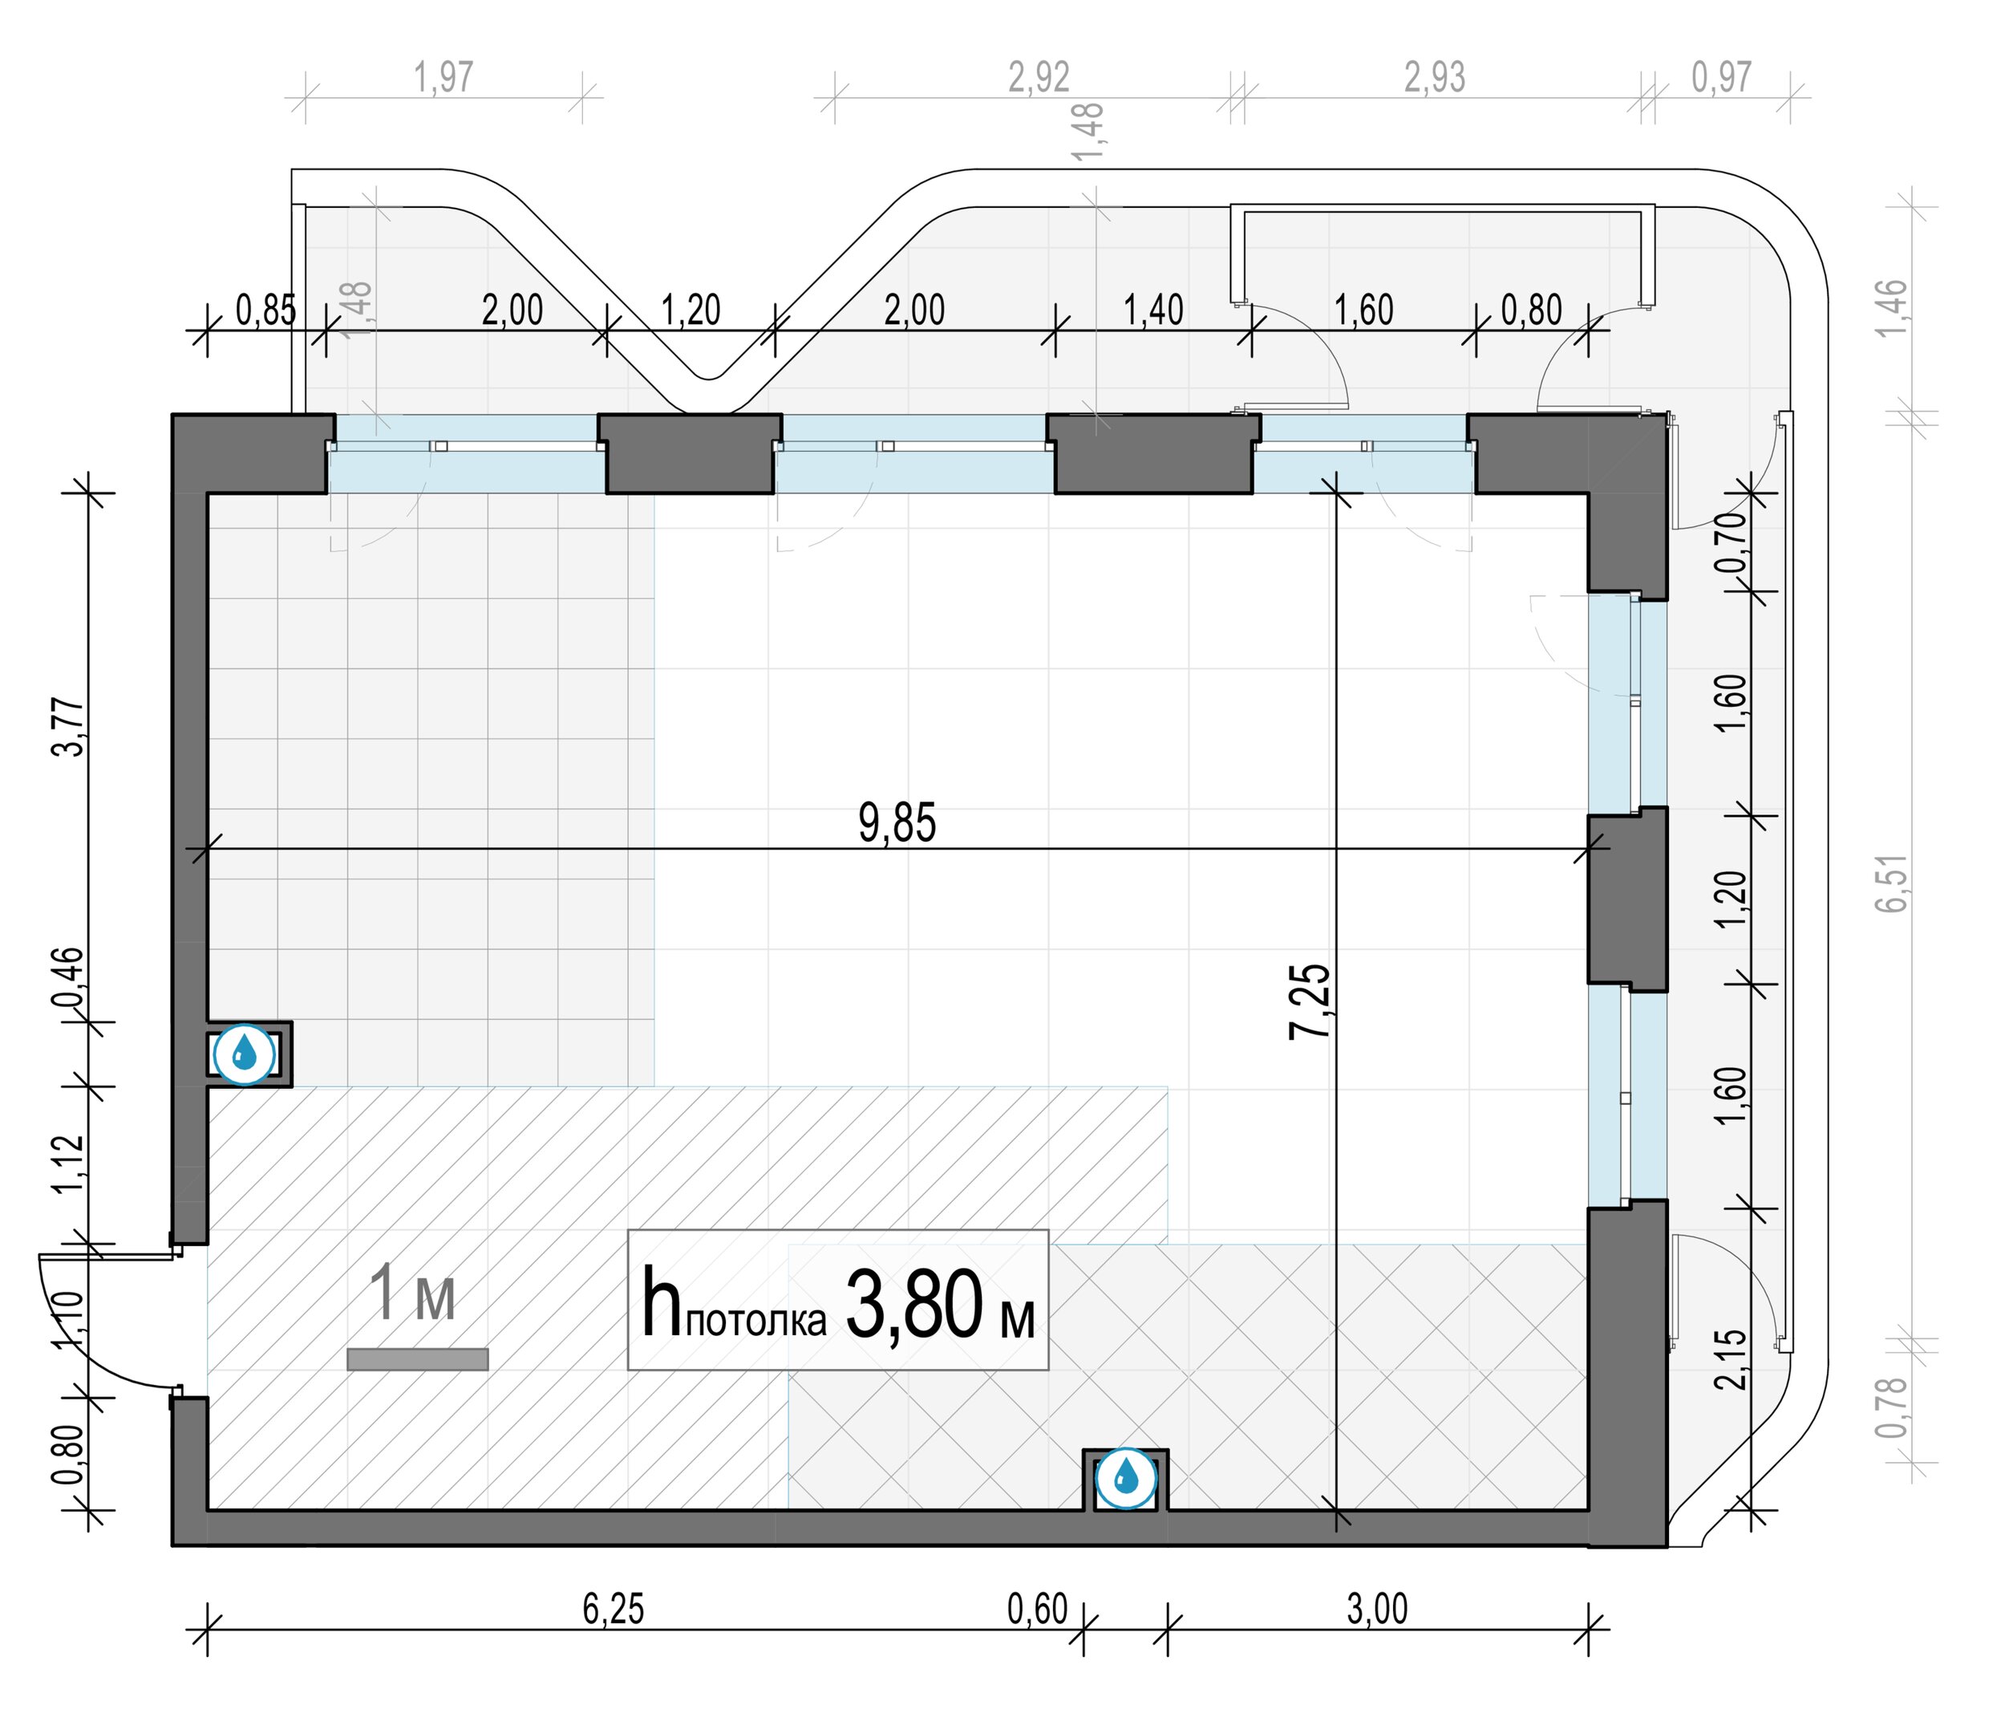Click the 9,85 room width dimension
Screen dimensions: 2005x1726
897,824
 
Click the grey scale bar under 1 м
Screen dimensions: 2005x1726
417,1359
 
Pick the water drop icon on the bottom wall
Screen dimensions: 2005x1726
1125,1478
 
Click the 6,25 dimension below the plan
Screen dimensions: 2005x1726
613,1609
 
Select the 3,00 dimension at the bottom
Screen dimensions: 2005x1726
1377,1609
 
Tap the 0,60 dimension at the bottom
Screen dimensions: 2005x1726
1037,1609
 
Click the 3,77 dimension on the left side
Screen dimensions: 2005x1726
70,726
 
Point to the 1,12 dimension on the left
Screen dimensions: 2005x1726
70,1164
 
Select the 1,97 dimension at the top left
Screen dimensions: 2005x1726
444,78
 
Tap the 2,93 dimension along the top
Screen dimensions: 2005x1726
1435,78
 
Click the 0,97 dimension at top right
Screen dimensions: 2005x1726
1721,78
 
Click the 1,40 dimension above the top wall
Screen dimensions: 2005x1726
1153,311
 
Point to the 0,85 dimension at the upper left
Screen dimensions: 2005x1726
266,311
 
